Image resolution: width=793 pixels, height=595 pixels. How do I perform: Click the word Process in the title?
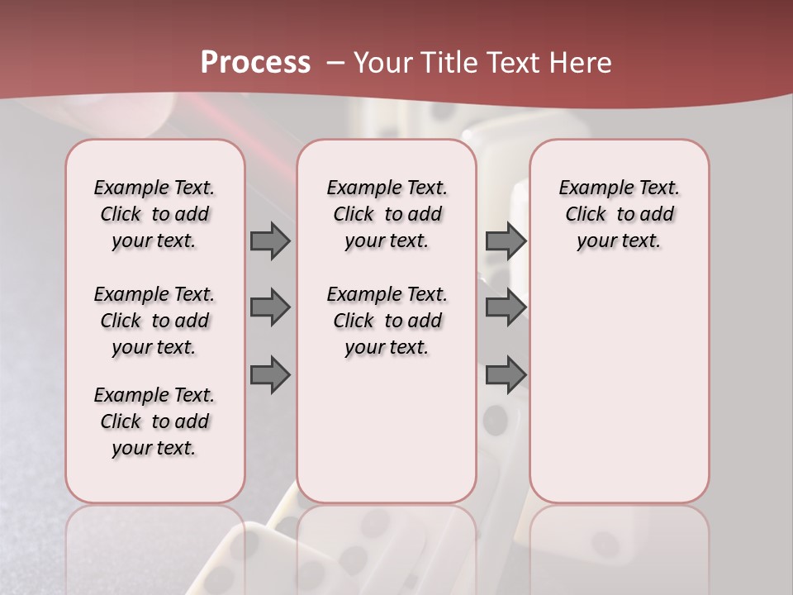pos(255,62)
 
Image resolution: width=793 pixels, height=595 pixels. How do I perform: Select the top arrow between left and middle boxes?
pos(270,240)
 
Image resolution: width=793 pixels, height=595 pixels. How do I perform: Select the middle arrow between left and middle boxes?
pos(270,307)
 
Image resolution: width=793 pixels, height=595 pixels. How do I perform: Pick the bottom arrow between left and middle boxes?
pos(270,375)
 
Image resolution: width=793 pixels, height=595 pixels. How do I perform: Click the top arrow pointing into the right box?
pos(506,240)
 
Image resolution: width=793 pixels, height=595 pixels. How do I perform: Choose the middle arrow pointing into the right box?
pos(506,307)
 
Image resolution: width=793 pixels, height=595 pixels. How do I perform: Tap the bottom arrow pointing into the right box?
pos(506,375)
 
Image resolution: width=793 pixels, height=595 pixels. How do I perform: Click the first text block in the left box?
pos(154,214)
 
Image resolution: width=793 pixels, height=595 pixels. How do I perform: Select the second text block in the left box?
pos(154,321)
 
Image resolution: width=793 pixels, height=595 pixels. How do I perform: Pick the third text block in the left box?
pos(154,421)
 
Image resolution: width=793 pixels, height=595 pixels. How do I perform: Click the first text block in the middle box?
pos(387,214)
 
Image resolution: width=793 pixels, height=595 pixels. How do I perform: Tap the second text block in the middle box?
pos(387,321)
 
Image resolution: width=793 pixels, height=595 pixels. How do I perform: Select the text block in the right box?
pos(620,214)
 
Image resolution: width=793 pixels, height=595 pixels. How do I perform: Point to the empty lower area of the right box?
pos(620,388)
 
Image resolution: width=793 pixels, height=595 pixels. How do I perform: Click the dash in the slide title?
pos(335,63)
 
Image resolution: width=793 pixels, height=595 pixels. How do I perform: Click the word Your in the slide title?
pos(382,62)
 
